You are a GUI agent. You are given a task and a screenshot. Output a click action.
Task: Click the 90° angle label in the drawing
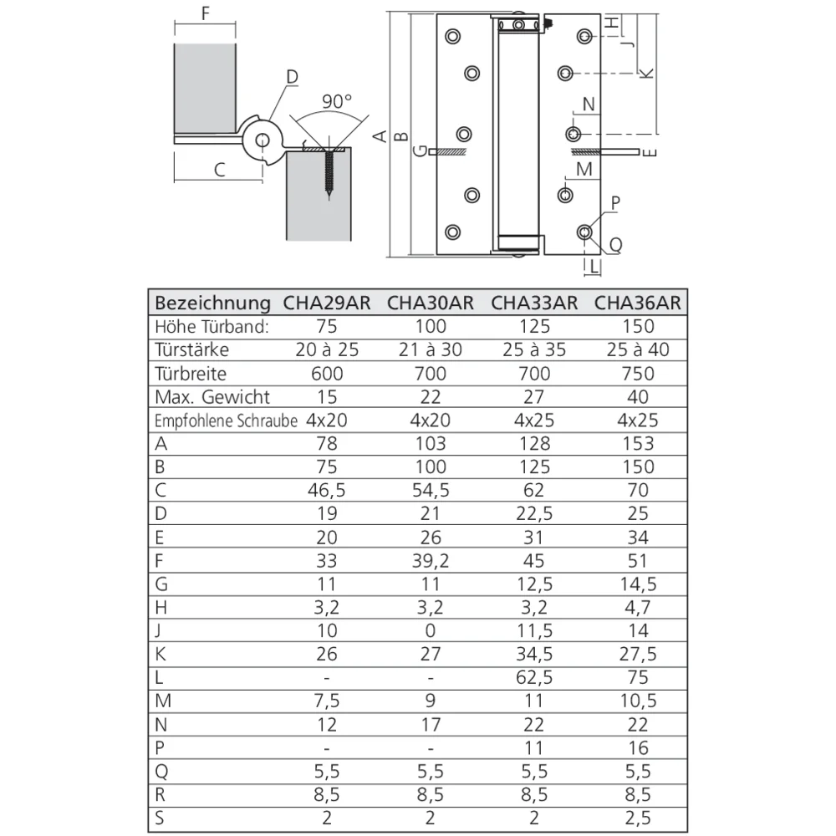336,101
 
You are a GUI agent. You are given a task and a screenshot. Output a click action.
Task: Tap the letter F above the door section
206,14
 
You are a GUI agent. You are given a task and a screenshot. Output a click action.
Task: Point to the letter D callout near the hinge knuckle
292,78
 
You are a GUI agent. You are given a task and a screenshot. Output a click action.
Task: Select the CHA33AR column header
533,303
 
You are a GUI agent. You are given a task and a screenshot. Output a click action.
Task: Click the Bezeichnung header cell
213,303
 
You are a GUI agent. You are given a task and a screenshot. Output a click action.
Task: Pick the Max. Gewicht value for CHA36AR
637,396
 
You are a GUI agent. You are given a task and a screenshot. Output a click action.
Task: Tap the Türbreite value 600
327,373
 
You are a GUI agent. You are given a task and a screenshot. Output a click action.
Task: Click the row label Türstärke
191,349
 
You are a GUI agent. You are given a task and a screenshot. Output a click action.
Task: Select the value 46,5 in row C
327,490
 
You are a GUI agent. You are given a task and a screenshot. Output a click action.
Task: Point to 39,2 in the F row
430,560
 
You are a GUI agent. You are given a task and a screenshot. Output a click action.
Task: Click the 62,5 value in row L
533,677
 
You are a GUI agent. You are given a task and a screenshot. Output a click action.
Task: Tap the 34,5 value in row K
533,654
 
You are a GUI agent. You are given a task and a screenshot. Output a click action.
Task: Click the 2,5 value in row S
637,818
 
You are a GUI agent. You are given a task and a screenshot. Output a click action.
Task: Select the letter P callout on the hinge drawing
615,202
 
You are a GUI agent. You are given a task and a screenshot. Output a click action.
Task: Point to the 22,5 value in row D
533,513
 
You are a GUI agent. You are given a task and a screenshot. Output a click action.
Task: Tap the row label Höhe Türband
211,326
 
